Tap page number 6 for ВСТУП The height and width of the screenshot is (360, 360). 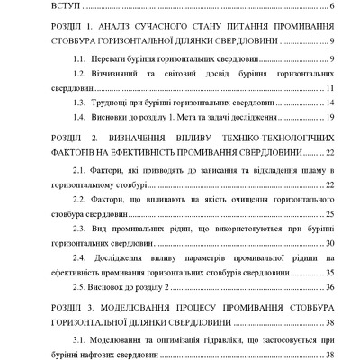click(332, 8)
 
